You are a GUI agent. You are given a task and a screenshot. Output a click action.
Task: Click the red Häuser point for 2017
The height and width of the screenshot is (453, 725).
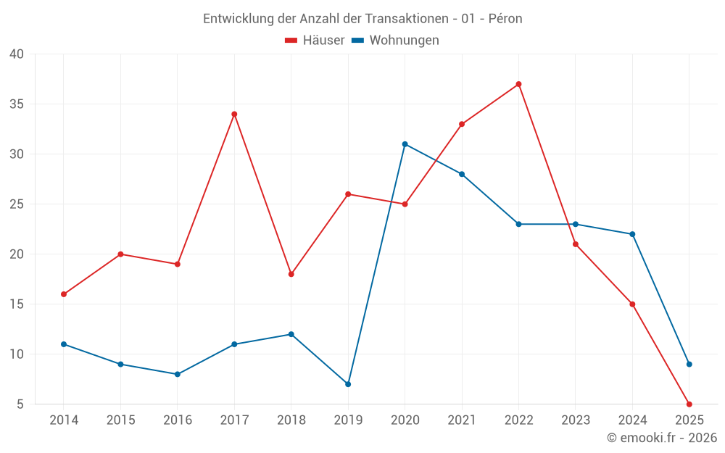click(x=234, y=114)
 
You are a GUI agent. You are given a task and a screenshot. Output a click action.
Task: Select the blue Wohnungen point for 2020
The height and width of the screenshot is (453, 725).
click(x=405, y=144)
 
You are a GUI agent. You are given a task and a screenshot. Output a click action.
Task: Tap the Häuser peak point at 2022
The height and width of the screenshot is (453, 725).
click(x=518, y=84)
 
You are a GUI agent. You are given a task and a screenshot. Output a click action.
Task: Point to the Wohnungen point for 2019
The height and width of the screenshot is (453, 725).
click(x=348, y=384)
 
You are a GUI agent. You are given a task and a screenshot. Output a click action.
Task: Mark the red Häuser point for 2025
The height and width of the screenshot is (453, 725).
click(x=689, y=404)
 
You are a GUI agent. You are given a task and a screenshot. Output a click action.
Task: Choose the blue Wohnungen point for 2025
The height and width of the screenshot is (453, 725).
click(x=689, y=364)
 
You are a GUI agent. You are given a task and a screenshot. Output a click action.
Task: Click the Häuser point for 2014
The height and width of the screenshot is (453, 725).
click(x=64, y=294)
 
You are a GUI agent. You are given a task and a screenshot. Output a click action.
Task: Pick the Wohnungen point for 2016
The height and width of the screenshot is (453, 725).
click(x=178, y=374)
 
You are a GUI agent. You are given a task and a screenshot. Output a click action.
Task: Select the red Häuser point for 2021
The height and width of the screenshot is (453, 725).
click(x=462, y=124)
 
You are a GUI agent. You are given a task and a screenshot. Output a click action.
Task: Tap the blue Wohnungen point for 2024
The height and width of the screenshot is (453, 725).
click(x=632, y=234)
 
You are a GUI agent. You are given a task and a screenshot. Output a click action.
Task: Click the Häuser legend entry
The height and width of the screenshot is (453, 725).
click(x=315, y=41)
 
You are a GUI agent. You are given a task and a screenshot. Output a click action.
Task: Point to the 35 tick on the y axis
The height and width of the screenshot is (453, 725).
click(x=16, y=104)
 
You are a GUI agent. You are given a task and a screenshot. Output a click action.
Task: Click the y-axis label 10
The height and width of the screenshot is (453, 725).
click(x=16, y=354)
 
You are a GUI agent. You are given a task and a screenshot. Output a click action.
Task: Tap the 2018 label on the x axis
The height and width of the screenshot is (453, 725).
click(x=291, y=420)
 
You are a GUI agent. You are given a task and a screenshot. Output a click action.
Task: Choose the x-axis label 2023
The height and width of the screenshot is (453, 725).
click(x=576, y=420)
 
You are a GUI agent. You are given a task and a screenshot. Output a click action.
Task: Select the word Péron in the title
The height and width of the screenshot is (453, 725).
click(x=505, y=19)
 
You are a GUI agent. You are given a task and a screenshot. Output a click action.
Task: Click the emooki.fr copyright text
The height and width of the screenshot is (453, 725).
click(x=662, y=438)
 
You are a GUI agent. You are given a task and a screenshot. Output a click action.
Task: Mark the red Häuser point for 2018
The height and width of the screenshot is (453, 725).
click(x=291, y=274)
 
